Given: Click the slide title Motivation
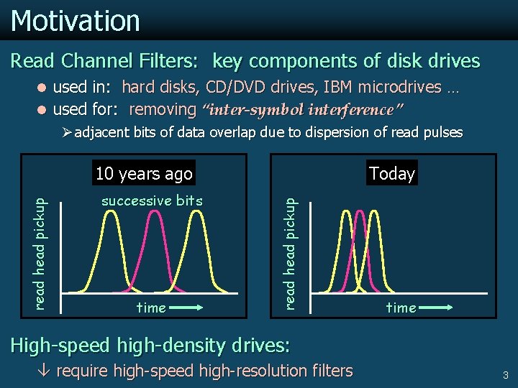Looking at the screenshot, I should click(75, 20).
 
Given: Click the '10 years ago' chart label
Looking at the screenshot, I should click(144, 173).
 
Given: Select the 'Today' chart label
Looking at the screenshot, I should click(391, 173).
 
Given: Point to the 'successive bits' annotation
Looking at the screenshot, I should click(152, 200).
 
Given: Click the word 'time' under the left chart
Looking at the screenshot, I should click(151, 308).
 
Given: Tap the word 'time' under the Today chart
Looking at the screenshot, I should click(401, 308).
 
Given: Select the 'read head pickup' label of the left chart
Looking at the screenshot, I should click(42, 244).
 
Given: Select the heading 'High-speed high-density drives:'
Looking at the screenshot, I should click(150, 346).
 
